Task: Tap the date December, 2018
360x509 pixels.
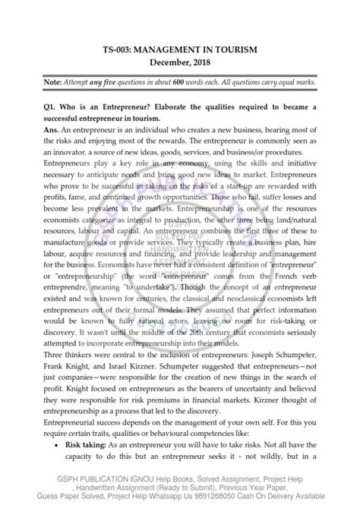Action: [179, 62]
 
